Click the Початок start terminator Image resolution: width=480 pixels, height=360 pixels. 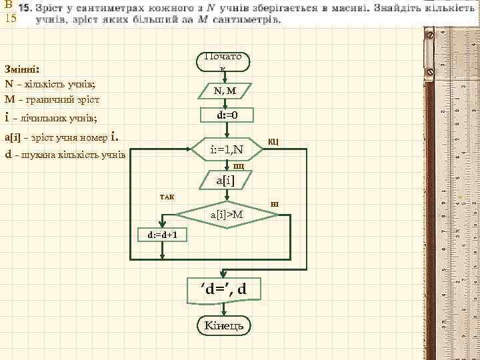[x=224, y=62]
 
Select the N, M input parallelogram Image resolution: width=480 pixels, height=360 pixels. [x=224, y=90]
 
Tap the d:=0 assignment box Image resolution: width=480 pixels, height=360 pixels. [x=224, y=116]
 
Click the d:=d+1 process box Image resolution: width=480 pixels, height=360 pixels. [x=162, y=235]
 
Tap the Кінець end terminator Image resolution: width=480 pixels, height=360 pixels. [x=224, y=325]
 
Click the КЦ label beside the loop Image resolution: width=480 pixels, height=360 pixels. [x=273, y=141]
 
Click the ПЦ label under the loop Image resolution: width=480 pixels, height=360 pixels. [x=239, y=166]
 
